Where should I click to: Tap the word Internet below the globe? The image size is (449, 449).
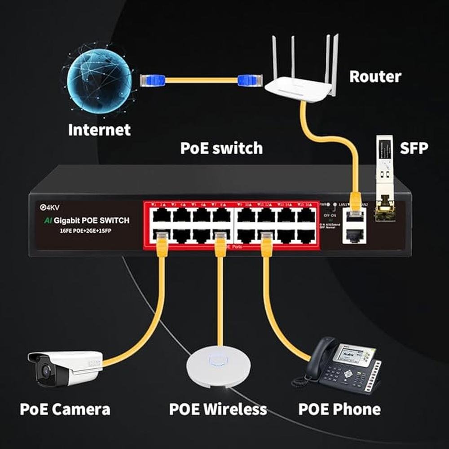coord(99,130)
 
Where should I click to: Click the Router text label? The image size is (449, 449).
coord(375,76)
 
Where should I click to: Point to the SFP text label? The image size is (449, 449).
coord(414,148)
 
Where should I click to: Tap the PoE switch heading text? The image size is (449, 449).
coord(221,148)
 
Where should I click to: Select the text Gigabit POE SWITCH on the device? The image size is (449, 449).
coord(92,220)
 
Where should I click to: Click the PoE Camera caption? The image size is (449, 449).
coord(65,409)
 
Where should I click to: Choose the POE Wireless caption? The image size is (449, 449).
coord(218,409)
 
